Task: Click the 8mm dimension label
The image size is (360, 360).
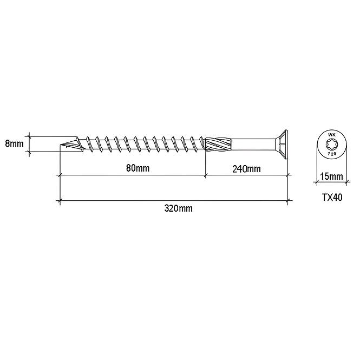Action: (14, 144)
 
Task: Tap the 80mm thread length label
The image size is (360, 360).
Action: (138, 168)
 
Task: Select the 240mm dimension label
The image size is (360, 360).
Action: (246, 169)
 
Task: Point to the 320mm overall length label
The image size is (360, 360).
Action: (179, 208)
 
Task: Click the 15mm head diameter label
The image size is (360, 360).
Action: (331, 176)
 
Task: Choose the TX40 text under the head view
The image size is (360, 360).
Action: (332, 198)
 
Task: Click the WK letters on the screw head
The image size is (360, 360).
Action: (332, 135)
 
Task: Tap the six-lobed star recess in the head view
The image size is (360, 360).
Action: (332, 145)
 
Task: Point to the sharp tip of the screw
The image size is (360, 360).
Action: (61, 145)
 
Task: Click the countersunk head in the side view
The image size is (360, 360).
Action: (282, 145)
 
